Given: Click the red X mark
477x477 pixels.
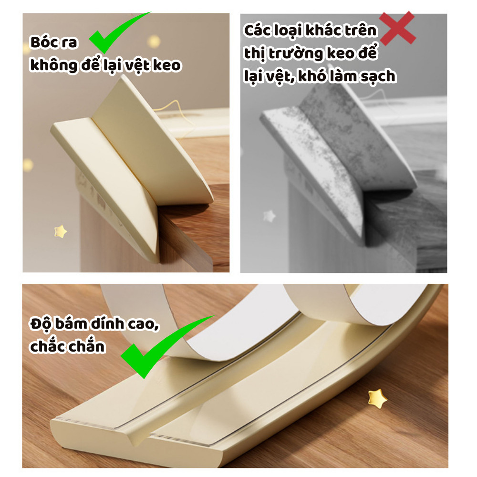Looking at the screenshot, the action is click(398, 28).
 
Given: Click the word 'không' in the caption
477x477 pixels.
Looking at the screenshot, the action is click(54, 66).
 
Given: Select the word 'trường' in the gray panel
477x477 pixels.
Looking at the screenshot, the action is click(296, 54).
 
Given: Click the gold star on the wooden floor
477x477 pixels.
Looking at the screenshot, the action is click(377, 398).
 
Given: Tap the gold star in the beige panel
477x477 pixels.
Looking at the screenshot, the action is click(60, 231).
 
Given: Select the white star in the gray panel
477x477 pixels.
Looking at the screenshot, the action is click(269, 216).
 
